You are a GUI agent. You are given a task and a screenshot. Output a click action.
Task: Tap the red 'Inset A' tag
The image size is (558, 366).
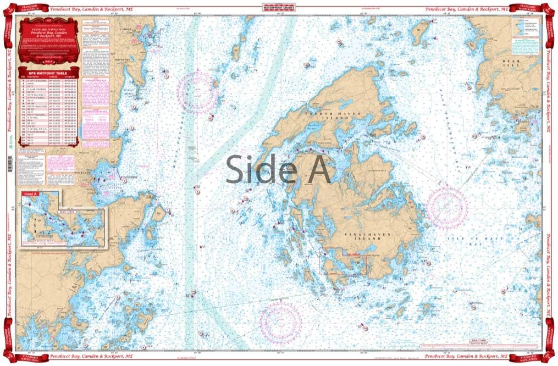pos(29,194)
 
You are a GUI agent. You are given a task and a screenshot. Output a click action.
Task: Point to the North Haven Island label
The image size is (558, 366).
pos(329,116)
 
